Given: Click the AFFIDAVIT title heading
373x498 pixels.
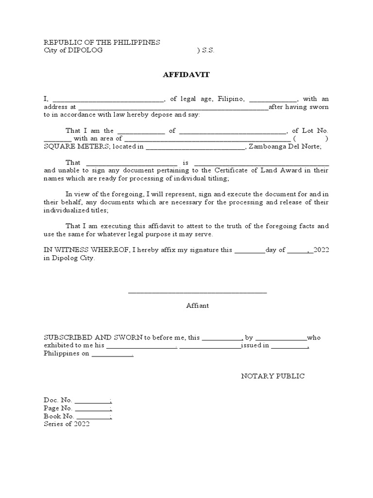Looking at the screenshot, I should (186, 75).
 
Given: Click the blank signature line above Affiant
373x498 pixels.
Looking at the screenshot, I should (197, 292).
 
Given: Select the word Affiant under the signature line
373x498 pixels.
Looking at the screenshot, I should (197, 306).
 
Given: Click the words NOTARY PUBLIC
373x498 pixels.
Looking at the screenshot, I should (273, 376).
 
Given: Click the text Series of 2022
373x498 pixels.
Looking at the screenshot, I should (67, 424).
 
